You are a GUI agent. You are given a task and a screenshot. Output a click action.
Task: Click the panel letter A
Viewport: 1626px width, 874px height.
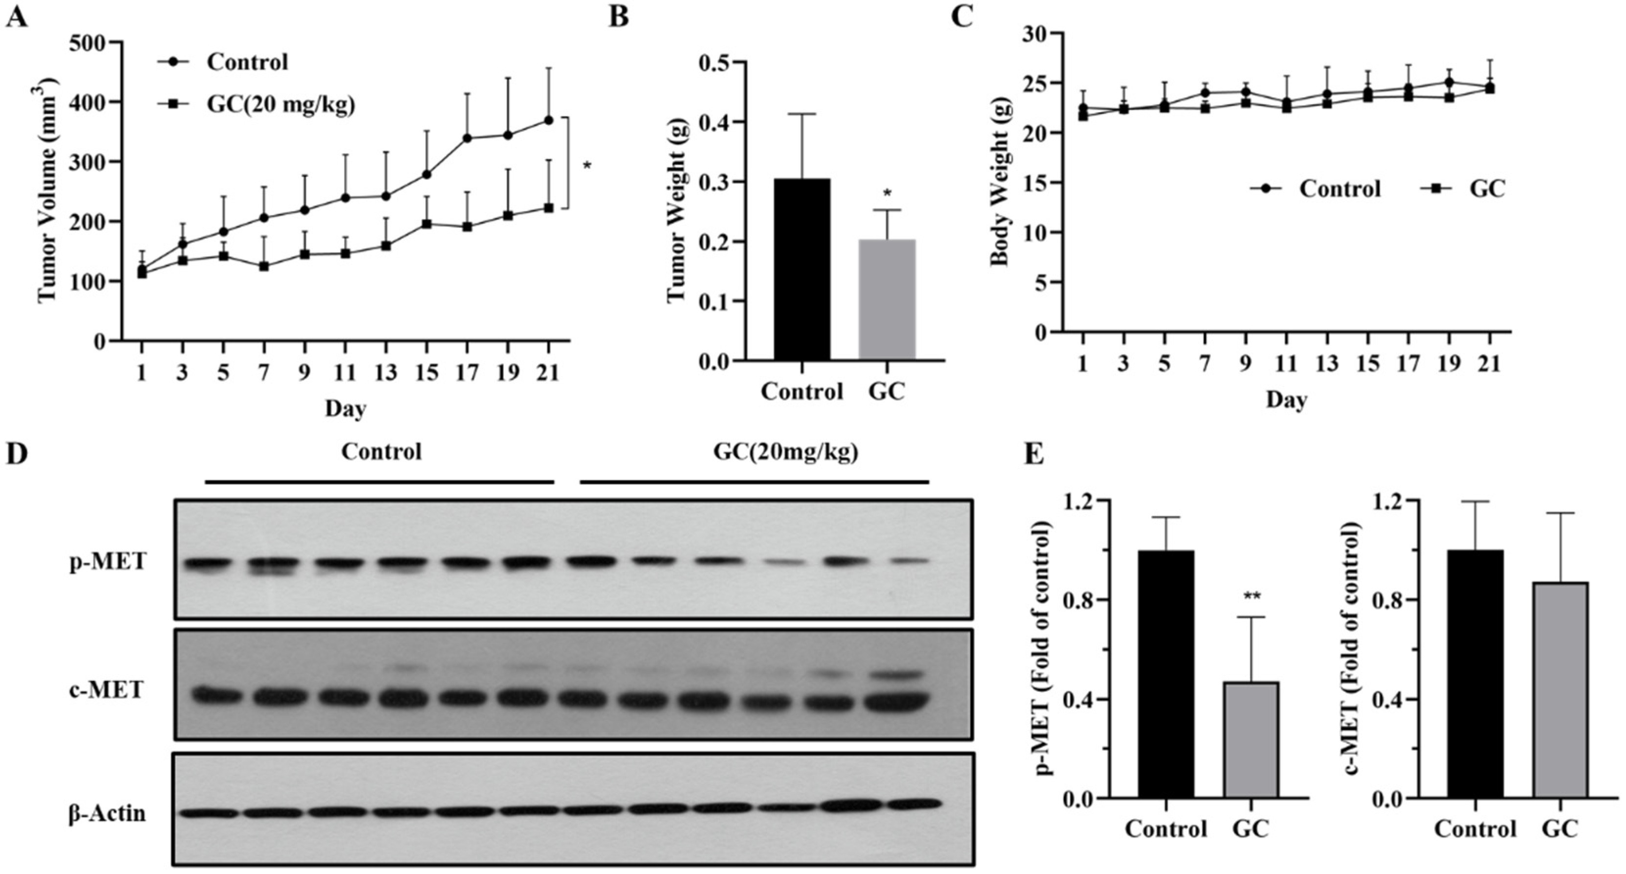coord(17,17)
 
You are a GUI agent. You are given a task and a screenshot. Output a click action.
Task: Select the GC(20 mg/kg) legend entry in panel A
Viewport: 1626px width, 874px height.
coord(281,104)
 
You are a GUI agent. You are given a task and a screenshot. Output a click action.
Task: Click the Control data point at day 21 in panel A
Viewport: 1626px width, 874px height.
coord(548,120)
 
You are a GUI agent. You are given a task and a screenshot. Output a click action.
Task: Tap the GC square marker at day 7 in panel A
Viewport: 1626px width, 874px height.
coord(264,266)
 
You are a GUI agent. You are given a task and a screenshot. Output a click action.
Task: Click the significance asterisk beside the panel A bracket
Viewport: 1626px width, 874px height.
coord(587,166)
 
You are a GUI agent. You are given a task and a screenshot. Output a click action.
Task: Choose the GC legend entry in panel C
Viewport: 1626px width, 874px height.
coord(1486,189)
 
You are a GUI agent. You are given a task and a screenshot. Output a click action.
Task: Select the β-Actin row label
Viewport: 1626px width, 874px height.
coord(107,813)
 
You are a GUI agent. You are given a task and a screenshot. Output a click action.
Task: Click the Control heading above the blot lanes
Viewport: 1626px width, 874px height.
coord(381,452)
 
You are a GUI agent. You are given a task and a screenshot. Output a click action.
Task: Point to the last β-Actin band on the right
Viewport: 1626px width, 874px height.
coord(914,804)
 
